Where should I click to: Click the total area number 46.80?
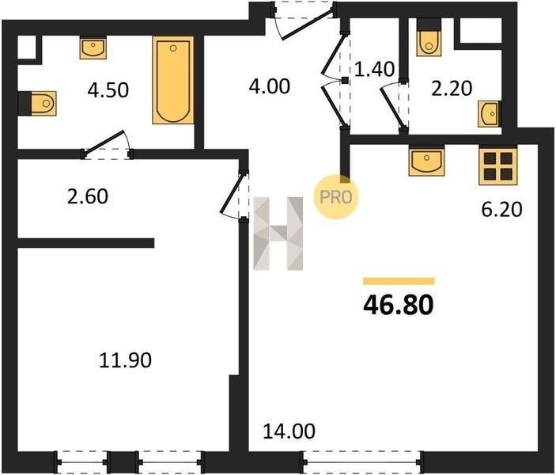[x=398, y=306]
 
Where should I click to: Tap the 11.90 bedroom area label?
[x=125, y=360]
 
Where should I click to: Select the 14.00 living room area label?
[x=289, y=431]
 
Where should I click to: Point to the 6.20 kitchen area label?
[x=501, y=210]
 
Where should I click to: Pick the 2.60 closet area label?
[x=88, y=196]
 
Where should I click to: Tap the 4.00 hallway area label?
[x=270, y=86]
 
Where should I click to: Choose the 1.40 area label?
[x=374, y=69]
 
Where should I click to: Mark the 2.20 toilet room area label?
[x=452, y=88]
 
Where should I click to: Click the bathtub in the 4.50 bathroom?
[x=173, y=80]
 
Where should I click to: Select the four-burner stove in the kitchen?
[x=497, y=165]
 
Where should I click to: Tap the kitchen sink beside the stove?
[x=426, y=161]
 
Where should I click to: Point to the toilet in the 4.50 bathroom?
[x=38, y=103]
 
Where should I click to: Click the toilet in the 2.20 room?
[x=429, y=36]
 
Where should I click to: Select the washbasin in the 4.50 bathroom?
[x=93, y=48]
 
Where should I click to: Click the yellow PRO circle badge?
[x=335, y=197]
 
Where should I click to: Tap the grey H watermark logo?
[x=278, y=234]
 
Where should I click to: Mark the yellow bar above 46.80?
[x=399, y=281]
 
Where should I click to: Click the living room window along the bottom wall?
[x=362, y=462]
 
